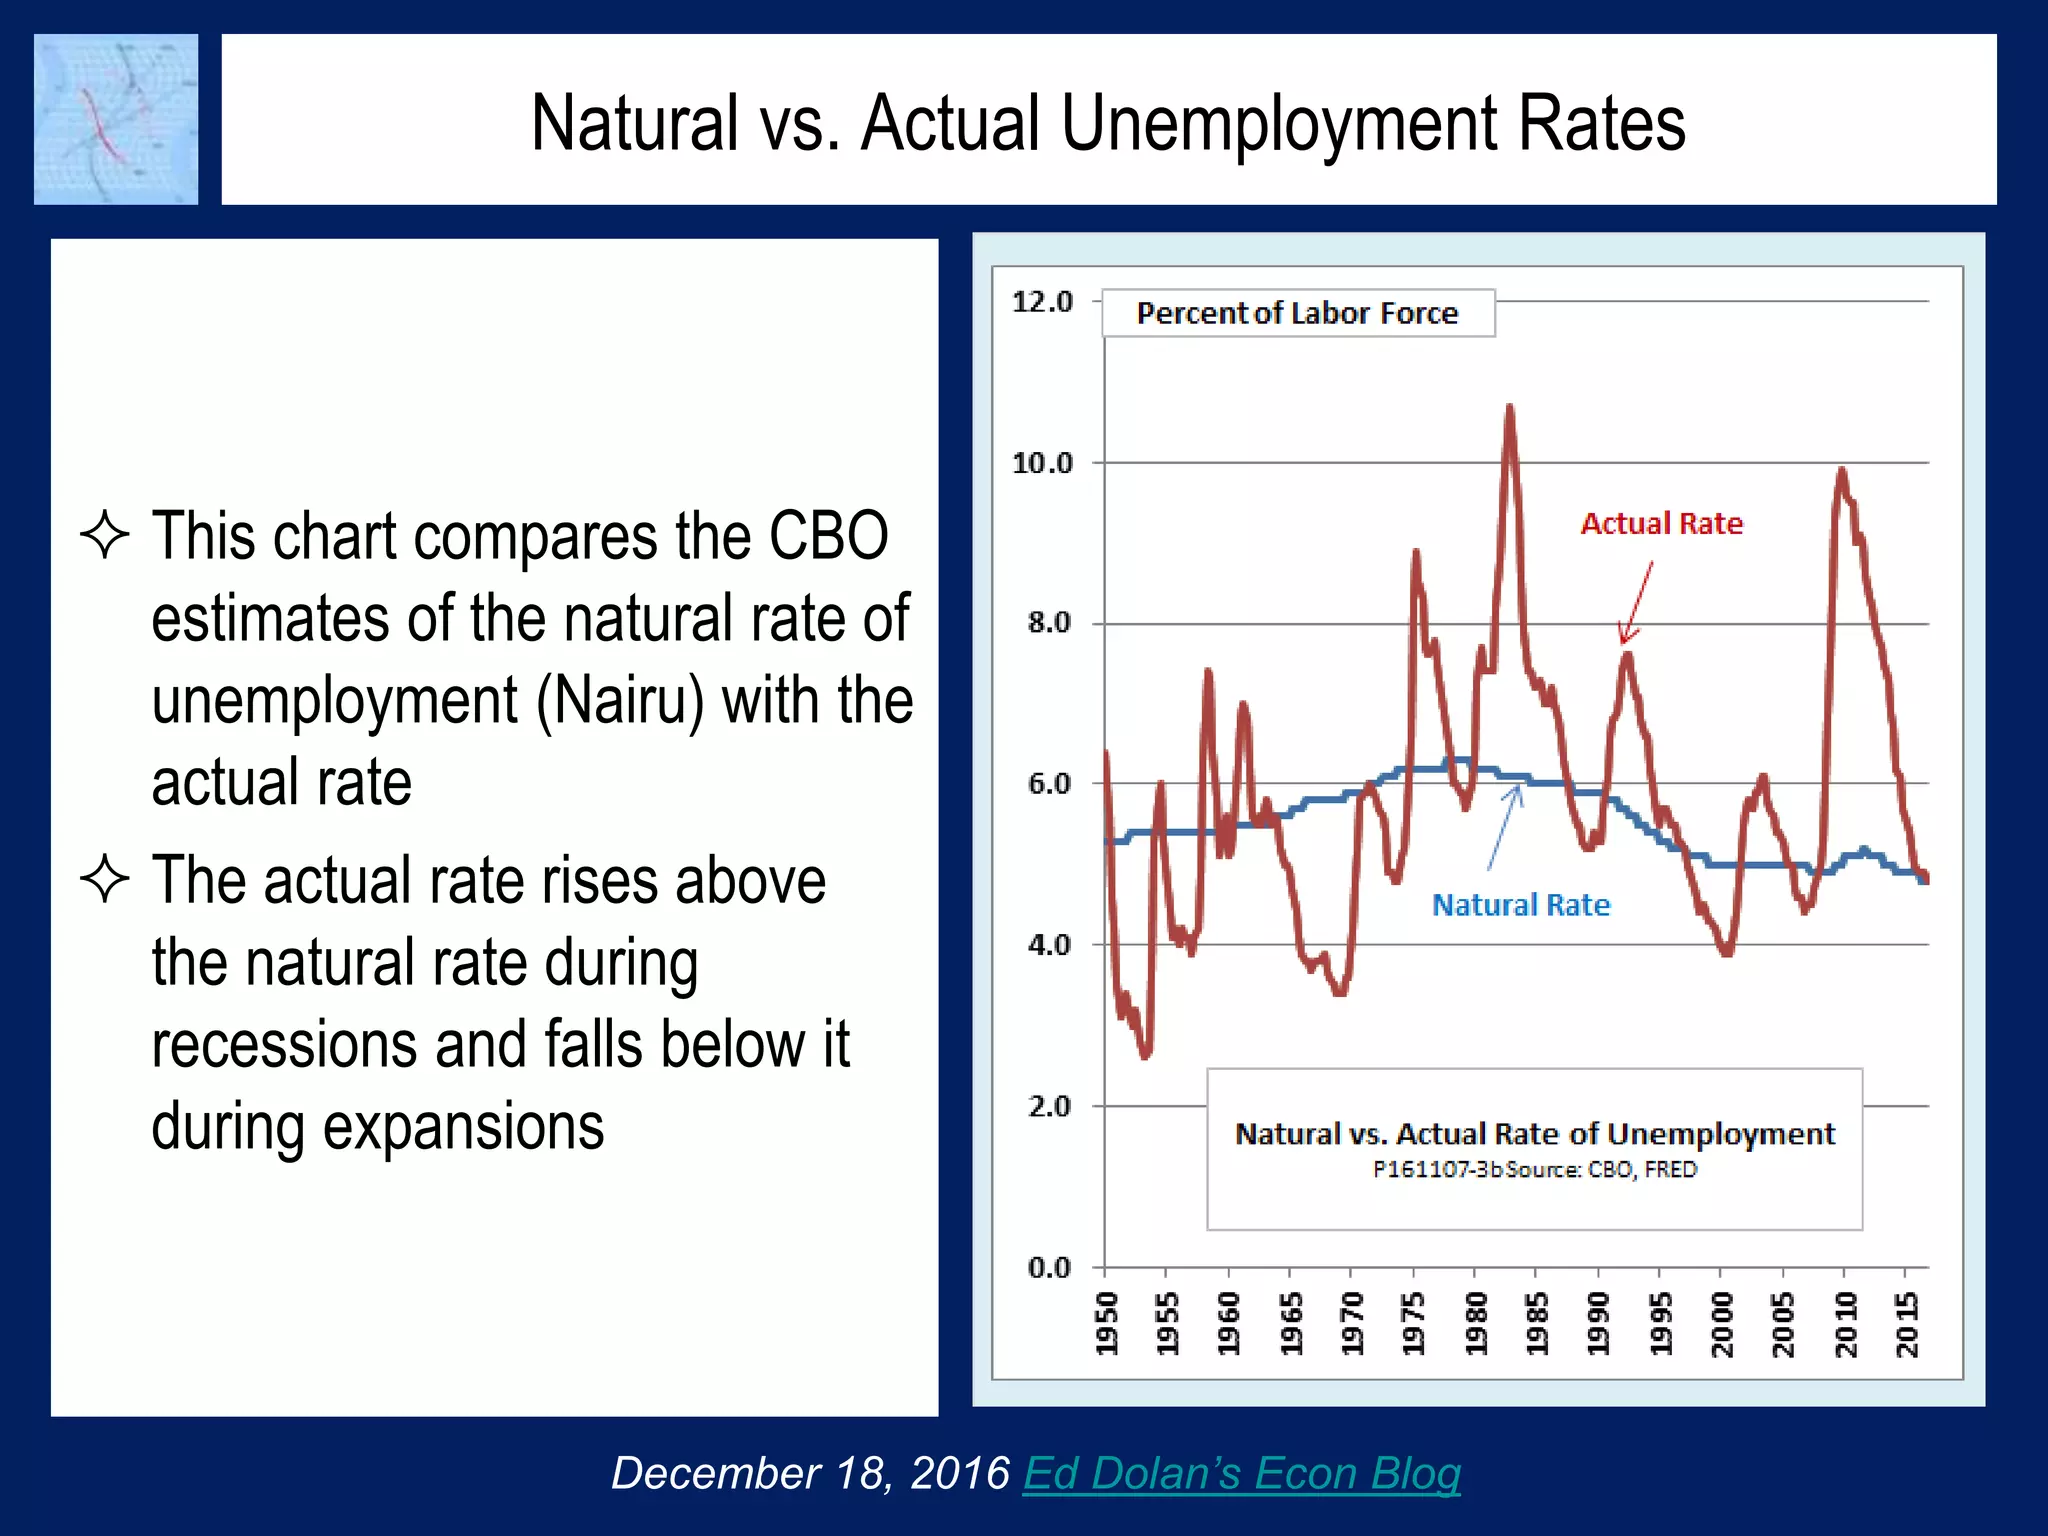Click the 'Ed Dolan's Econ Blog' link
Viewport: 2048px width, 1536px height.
pyautogui.click(x=1241, y=1473)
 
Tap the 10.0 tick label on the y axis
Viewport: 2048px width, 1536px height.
pyautogui.click(x=1042, y=463)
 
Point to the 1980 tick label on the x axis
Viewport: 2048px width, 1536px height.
pyautogui.click(x=1475, y=1323)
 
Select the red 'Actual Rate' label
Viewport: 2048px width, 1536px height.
pyautogui.click(x=1661, y=524)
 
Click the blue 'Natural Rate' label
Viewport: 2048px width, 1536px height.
pyautogui.click(x=1521, y=905)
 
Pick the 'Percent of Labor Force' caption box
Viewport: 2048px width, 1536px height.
pyautogui.click(x=1297, y=313)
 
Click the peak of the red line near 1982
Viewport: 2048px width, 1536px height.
pyautogui.click(x=1509, y=407)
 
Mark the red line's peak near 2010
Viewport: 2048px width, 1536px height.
pyautogui.click(x=1841, y=470)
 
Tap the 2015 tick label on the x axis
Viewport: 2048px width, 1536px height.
pyautogui.click(x=1908, y=1323)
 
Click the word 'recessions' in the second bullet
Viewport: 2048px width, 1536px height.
pyautogui.click(x=284, y=1045)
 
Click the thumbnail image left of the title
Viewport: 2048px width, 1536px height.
pyautogui.click(x=116, y=119)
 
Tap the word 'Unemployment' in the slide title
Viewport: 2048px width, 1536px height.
pyautogui.click(x=1280, y=123)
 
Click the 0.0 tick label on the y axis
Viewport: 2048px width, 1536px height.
pyautogui.click(x=1048, y=1268)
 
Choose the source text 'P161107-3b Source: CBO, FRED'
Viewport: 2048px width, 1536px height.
pyautogui.click(x=1534, y=1169)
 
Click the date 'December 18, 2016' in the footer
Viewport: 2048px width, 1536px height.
pyautogui.click(x=810, y=1473)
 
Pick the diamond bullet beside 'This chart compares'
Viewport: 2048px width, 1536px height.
pyautogui.click(x=105, y=535)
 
